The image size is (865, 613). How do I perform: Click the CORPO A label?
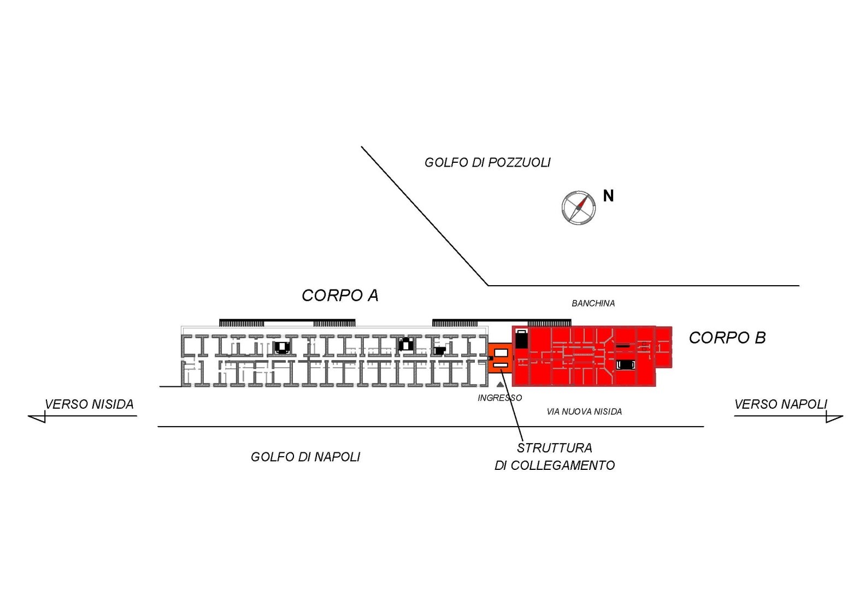tap(340, 296)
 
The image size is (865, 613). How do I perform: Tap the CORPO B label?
tap(727, 338)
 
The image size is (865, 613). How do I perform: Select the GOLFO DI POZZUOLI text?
tap(487, 162)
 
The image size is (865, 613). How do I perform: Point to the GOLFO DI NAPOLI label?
tap(305, 457)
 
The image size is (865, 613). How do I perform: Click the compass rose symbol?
tap(579, 208)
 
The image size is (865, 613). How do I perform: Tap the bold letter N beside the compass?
tap(608, 196)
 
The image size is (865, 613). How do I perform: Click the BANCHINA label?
tap(593, 303)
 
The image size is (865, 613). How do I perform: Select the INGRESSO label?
tap(499, 398)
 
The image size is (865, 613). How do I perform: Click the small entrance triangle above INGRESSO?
tap(500, 385)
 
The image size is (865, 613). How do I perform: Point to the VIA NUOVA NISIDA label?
tap(584, 412)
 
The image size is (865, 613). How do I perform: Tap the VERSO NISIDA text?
tap(89, 404)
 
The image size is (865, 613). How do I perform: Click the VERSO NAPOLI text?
tap(780, 404)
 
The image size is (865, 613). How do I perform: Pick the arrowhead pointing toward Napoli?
tap(834, 417)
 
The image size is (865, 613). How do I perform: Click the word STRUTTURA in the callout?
tap(555, 448)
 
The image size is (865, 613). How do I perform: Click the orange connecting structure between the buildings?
tap(501, 358)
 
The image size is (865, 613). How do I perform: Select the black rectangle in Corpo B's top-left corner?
tap(522, 339)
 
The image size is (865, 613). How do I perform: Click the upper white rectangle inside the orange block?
tap(501, 353)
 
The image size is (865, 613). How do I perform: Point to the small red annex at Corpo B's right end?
tap(664, 347)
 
